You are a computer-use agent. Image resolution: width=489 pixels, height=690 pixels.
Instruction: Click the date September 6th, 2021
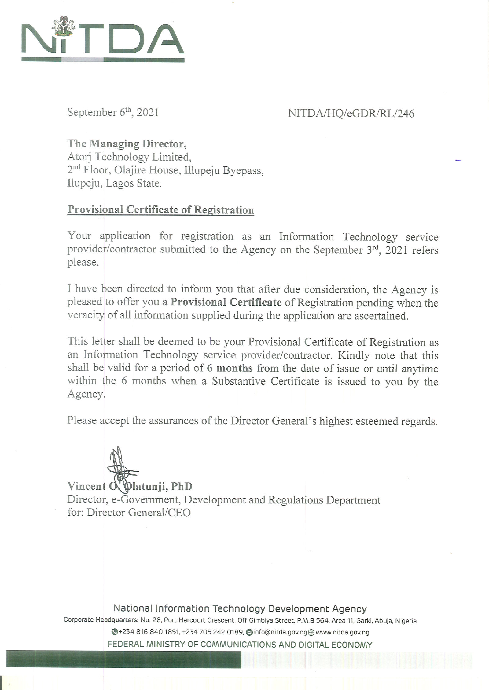coord(113,112)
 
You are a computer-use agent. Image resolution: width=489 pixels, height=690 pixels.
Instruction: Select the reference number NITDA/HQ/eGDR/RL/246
coord(351,114)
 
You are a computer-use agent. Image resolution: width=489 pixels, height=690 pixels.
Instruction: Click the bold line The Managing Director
coord(127,143)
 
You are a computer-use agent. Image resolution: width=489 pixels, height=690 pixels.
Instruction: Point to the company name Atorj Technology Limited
coord(129,157)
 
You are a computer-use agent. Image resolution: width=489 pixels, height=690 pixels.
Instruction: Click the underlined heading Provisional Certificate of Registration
coord(160,210)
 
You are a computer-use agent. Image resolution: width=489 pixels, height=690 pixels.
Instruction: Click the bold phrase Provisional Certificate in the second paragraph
coord(226,302)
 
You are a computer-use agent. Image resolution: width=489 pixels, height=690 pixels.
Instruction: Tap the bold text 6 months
coord(230,368)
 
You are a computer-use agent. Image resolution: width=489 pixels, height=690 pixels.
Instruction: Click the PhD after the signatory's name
coord(182,486)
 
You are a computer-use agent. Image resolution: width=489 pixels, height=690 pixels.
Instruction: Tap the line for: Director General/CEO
coord(129,512)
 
